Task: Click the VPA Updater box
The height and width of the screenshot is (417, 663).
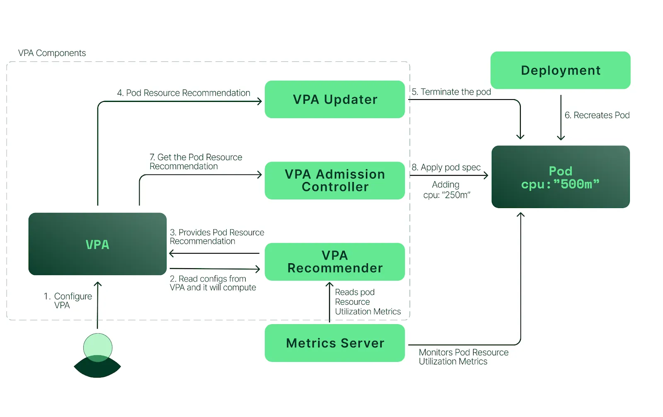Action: pyautogui.click(x=335, y=99)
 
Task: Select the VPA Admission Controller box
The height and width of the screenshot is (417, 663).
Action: pyautogui.click(x=335, y=180)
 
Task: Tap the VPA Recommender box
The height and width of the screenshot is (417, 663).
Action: pyautogui.click(x=335, y=262)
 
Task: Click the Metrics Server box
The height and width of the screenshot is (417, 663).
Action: pyautogui.click(x=335, y=343)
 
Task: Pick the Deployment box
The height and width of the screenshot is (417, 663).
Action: pyautogui.click(x=561, y=70)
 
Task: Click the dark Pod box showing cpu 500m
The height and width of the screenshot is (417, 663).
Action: pyautogui.click(x=561, y=177)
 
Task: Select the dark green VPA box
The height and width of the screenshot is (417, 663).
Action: pyautogui.click(x=97, y=244)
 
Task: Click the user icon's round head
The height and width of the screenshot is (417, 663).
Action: pyautogui.click(x=98, y=347)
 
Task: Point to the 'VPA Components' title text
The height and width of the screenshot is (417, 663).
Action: pyautogui.click(x=52, y=53)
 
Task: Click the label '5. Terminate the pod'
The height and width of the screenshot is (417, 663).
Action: pyautogui.click(x=451, y=92)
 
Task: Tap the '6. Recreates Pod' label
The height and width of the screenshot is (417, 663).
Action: pyautogui.click(x=597, y=115)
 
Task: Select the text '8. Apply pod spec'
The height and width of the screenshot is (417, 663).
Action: pyautogui.click(x=446, y=167)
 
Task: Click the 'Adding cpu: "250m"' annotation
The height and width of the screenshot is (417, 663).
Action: pyautogui.click(x=446, y=190)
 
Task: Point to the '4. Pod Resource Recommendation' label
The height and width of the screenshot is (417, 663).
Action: pyautogui.click(x=184, y=93)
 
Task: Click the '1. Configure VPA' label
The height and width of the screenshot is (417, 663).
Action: pyautogui.click(x=68, y=301)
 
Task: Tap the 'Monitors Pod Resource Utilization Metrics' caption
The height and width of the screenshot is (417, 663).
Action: pyautogui.click(x=464, y=357)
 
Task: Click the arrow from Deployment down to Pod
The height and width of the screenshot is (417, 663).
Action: pyautogui.click(x=561, y=117)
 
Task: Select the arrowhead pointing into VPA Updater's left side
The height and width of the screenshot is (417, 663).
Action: pyautogui.click(x=259, y=102)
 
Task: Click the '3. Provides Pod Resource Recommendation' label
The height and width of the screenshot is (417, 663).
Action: pyautogui.click(x=217, y=237)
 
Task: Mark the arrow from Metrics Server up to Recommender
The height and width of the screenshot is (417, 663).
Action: pyautogui.click(x=329, y=302)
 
